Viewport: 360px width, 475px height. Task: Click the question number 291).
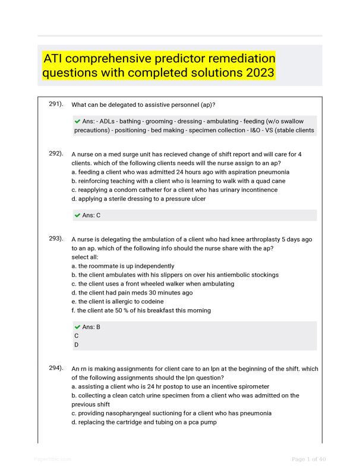tap(56, 104)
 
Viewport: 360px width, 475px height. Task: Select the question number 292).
tap(56, 154)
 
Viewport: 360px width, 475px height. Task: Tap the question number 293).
tap(56, 239)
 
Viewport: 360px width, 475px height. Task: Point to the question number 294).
tap(56, 368)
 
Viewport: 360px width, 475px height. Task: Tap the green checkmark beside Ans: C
tap(77, 215)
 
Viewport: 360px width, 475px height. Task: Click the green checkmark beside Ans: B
tap(77, 327)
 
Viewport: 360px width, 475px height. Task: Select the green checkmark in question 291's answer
tap(77, 121)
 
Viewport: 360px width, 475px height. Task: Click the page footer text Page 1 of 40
tap(308, 459)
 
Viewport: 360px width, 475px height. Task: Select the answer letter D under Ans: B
tap(77, 344)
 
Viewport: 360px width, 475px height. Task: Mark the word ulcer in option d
tap(197, 199)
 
